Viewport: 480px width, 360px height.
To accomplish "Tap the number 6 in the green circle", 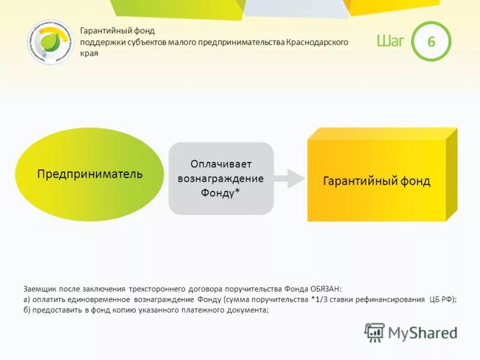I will click(x=430, y=41).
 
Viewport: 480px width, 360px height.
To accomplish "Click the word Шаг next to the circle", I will click(x=391, y=41).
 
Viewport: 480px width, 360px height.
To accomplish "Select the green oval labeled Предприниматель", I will click(x=89, y=175).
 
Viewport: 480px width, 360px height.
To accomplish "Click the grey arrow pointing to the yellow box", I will click(x=290, y=178).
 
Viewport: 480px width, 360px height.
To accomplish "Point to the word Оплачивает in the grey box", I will click(x=221, y=164).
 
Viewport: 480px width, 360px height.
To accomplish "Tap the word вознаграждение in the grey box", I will click(x=221, y=178).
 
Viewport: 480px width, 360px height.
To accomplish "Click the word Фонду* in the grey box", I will click(x=221, y=193).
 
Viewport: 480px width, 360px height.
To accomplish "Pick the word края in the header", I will click(x=89, y=53).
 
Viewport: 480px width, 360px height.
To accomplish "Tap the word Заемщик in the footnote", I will click(x=40, y=288).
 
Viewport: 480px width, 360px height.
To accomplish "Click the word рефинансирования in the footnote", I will click(x=389, y=299).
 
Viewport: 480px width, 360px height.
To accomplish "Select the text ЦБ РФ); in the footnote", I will click(x=442, y=299).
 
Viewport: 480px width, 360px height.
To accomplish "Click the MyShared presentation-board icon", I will click(x=374, y=332).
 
